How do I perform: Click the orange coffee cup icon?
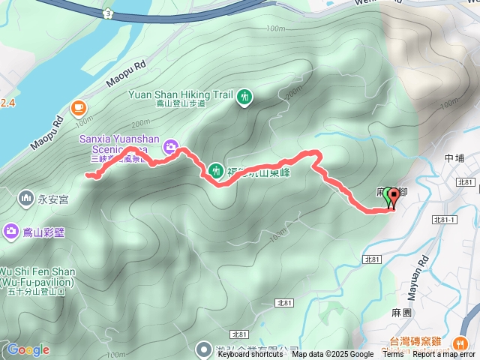pos(78,108)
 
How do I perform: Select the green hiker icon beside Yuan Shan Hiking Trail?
pos(244,97)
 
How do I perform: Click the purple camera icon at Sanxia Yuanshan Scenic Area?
pos(172,145)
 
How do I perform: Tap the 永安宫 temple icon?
pos(25,198)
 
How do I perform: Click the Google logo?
pos(28,349)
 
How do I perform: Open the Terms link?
pos(393,355)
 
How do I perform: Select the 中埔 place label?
pos(454,158)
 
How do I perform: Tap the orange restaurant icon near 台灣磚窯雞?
pos(459,342)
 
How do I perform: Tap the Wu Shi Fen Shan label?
pos(37,271)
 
